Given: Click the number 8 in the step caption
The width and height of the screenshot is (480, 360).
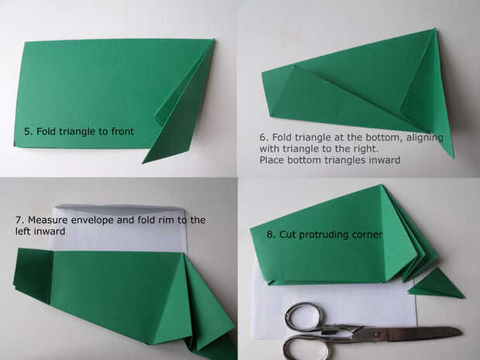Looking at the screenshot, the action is [x=271, y=235].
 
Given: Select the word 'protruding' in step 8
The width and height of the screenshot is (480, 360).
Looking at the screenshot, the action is [x=324, y=235].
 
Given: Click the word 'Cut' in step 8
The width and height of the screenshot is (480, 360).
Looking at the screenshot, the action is [x=287, y=235].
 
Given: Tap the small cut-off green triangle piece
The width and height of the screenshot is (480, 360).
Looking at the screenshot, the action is [x=437, y=284].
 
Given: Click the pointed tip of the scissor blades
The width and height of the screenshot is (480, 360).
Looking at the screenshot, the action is [x=462, y=332].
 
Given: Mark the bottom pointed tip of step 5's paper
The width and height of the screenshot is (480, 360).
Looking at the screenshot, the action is [x=143, y=163].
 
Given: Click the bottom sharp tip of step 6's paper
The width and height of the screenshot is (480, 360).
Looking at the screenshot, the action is [x=453, y=157].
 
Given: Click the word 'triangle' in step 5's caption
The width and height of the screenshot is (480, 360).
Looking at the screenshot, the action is [x=77, y=132].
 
